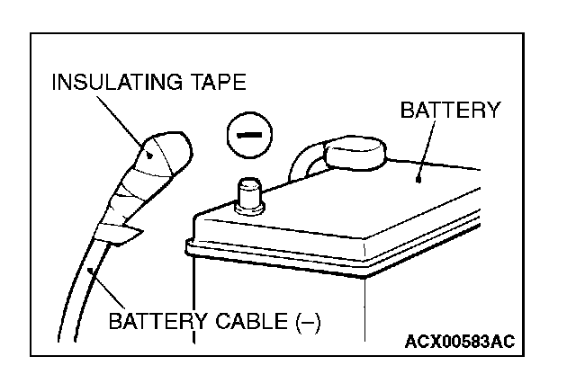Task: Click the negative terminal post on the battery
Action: coord(247,194)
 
